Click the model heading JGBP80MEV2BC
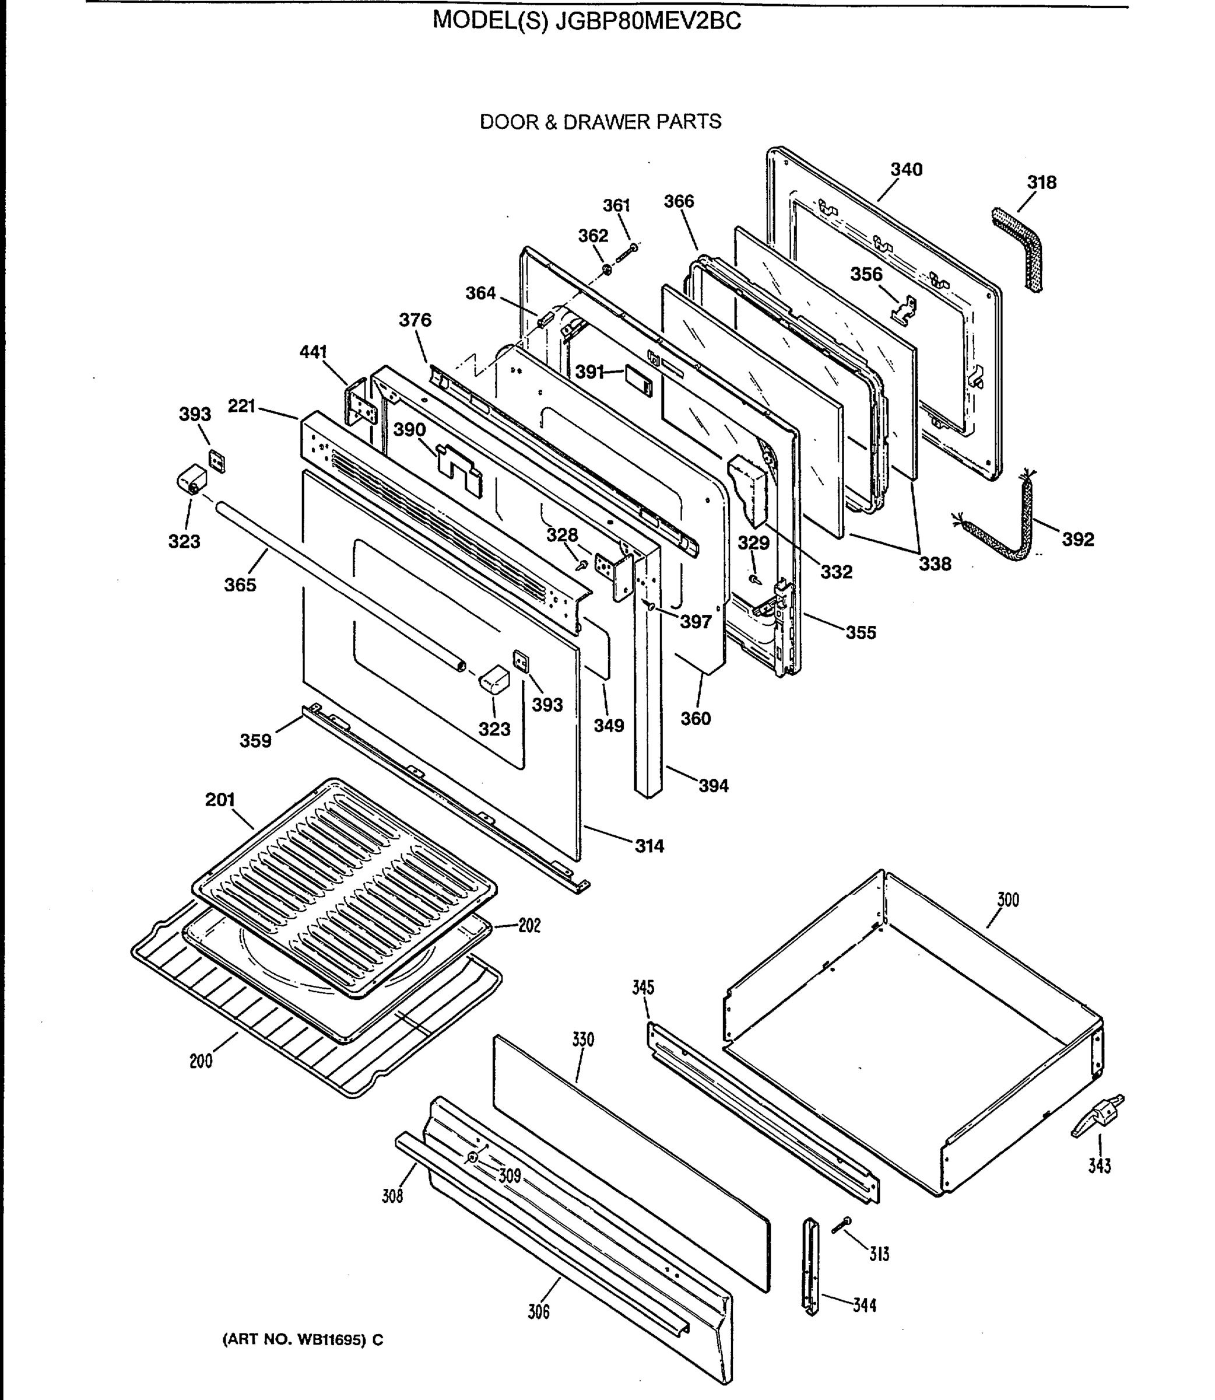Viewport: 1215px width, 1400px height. (x=587, y=21)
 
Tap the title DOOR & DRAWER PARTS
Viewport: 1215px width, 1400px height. (x=600, y=122)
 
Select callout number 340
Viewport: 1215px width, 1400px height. (x=907, y=170)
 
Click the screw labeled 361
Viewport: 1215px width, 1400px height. (x=628, y=254)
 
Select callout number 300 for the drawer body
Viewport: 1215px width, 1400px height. (x=1007, y=900)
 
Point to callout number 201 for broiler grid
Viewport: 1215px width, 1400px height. (x=220, y=800)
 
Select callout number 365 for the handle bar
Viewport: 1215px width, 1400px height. (x=240, y=584)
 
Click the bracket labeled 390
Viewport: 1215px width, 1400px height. (x=459, y=467)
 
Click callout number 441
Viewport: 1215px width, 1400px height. (x=313, y=352)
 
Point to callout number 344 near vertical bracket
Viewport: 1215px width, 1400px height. (x=864, y=1305)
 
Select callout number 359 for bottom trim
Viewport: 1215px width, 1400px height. (x=255, y=741)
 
